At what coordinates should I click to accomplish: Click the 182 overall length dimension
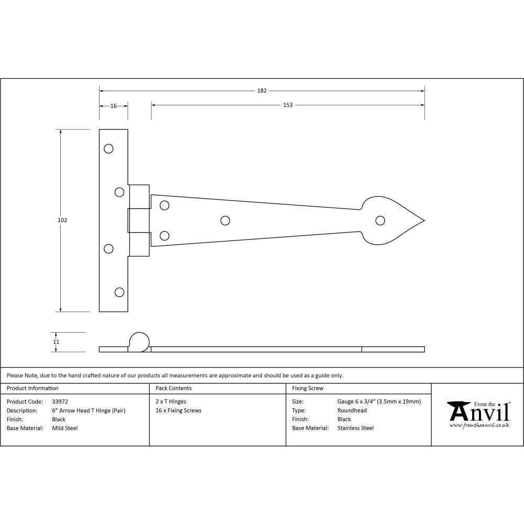[x=261, y=91]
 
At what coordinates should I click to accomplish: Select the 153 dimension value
[x=288, y=105]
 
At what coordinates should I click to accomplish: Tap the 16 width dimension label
[x=114, y=106]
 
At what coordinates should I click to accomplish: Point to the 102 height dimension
[x=62, y=221]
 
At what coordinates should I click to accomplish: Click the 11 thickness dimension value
[x=56, y=342]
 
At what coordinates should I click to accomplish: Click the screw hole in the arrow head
[x=379, y=220]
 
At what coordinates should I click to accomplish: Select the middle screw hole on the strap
[x=225, y=221]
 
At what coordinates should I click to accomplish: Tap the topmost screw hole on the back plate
[x=108, y=149]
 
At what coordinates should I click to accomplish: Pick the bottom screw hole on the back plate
[x=119, y=292]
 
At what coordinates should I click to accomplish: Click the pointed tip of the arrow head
[x=423, y=221]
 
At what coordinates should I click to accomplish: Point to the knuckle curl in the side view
[x=139, y=341]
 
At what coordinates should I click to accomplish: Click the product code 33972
[x=60, y=402]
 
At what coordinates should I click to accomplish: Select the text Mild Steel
[x=65, y=428]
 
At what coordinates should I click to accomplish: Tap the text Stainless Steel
[x=355, y=428]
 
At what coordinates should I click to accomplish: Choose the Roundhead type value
[x=352, y=411]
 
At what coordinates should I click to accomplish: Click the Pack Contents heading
[x=173, y=388]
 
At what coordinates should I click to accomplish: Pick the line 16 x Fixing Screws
[x=179, y=411]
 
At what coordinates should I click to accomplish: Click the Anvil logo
[x=478, y=414]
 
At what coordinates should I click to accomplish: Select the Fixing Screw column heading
[x=308, y=388]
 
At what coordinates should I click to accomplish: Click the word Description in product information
[x=22, y=411]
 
